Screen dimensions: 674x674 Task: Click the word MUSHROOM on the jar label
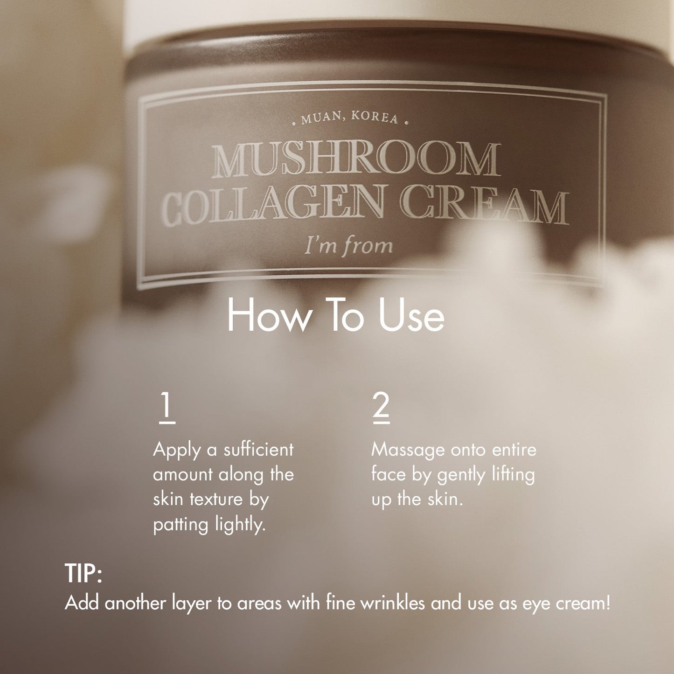355,160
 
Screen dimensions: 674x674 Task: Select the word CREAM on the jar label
485,205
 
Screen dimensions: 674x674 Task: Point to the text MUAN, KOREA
349,118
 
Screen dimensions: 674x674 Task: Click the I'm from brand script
348,245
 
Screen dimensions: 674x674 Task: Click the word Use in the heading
411,316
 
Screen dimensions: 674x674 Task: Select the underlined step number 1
167,407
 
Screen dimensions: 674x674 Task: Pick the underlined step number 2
381,407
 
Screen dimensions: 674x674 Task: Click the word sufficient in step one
258,450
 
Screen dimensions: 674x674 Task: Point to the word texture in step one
216,500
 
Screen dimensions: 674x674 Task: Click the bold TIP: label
83,573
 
